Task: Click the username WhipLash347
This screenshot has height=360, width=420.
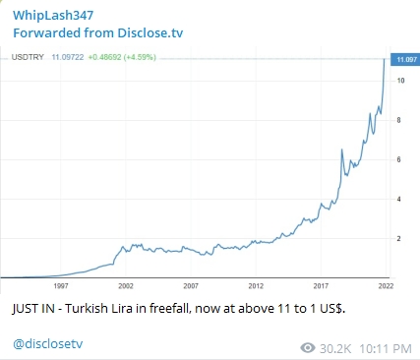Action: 53,16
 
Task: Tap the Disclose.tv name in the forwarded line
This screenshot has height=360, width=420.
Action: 150,33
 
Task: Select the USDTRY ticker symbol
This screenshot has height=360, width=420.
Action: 28,57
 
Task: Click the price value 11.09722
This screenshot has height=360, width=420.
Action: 68,57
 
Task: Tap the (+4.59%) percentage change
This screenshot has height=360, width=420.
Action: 140,57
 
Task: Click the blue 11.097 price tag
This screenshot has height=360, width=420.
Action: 405,59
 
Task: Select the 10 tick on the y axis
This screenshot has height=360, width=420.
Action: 400,81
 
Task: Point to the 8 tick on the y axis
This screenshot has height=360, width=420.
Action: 398,120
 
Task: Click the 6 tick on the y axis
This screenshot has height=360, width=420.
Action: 398,159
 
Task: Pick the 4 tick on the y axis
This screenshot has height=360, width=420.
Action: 398,199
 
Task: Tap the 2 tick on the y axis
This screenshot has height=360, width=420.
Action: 398,239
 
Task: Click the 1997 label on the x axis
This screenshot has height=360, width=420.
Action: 61,286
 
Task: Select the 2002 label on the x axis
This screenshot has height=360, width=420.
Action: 126,286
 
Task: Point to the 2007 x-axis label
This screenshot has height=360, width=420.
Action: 191,286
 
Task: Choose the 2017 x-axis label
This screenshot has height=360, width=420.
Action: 321,286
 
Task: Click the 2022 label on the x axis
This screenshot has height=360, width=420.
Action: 386,286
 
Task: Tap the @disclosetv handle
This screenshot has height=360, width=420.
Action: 48,344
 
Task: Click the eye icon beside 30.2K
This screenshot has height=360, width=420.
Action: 308,348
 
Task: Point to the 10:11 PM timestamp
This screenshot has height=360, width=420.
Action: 386,348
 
